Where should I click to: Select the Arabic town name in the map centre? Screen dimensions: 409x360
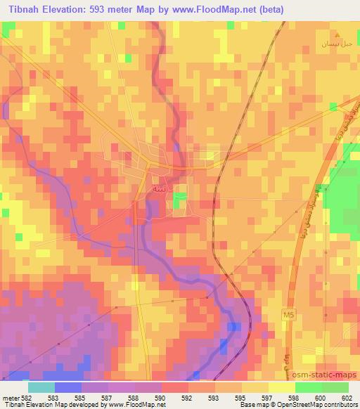[160, 189]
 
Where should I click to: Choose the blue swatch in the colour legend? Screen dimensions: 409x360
[67, 387]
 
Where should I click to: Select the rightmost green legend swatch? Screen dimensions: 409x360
[335, 387]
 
